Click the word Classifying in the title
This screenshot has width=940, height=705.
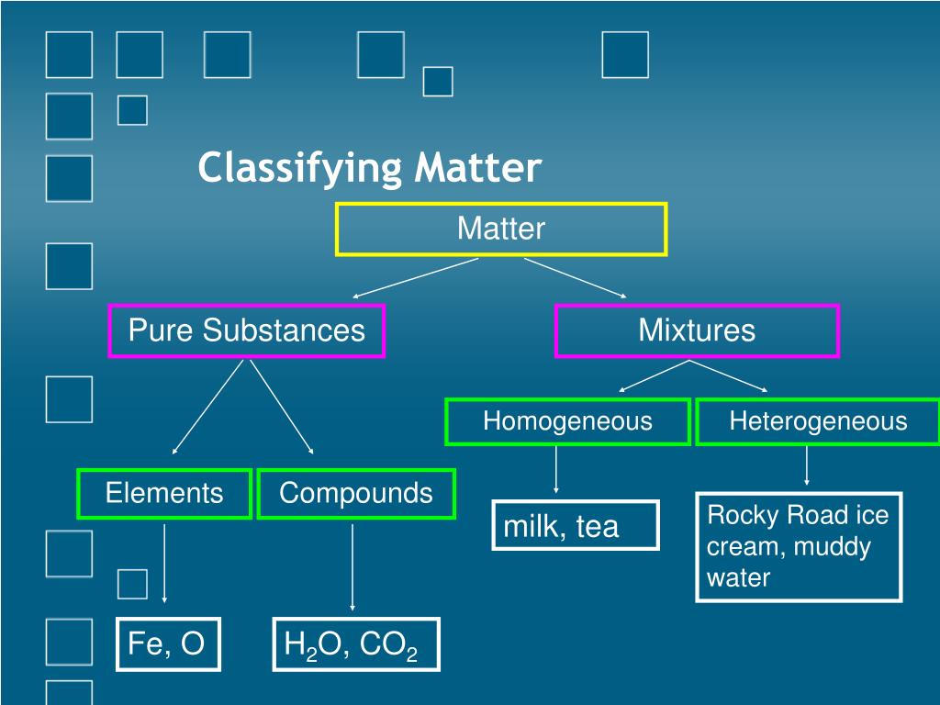300,168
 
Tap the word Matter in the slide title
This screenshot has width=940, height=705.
478,167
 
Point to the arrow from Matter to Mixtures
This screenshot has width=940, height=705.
576,278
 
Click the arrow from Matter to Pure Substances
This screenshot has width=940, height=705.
416,278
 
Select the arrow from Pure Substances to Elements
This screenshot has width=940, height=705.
207,407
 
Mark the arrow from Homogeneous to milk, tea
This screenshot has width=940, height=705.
556,470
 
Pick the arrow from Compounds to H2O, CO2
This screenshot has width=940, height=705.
352,567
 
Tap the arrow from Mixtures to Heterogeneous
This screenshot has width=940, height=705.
728,375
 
